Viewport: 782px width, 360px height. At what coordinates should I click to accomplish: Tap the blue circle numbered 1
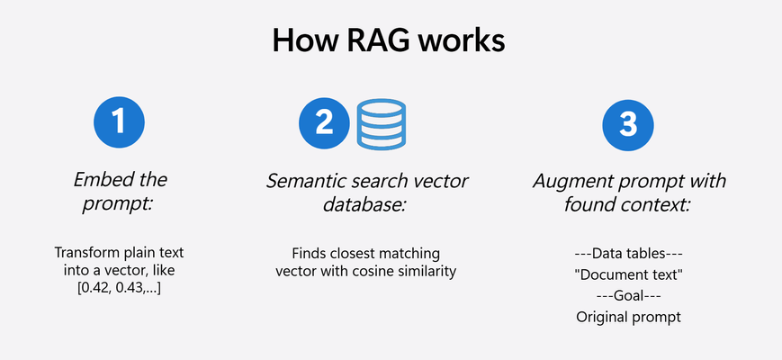[x=119, y=122]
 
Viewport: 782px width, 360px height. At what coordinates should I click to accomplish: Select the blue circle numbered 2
[x=324, y=122]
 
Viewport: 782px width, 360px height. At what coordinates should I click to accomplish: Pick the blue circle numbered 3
[x=628, y=125]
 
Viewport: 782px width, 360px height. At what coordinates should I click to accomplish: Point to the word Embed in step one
[x=98, y=179]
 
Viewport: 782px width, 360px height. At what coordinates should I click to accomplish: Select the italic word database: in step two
[x=364, y=204]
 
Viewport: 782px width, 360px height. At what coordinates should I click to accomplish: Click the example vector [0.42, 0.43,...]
[x=119, y=289]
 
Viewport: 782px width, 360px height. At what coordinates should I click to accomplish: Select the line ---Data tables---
[x=628, y=253]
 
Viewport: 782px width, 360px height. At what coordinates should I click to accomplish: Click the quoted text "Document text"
[x=628, y=274]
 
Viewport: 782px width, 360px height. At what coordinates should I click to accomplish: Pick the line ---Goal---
[x=628, y=296]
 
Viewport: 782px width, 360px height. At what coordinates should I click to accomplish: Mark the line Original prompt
[x=628, y=317]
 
